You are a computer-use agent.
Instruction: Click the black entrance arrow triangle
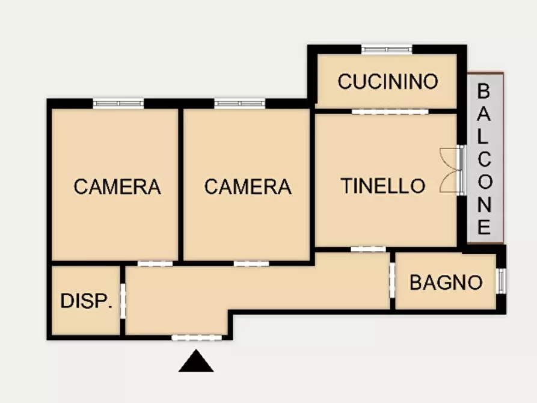pyautogui.click(x=196, y=361)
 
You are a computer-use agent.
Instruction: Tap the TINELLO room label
pyautogui.click(x=383, y=186)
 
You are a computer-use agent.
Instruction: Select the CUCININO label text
pyautogui.click(x=388, y=81)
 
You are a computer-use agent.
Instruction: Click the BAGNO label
pyautogui.click(x=446, y=282)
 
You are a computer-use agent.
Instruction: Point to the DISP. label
pyautogui.click(x=87, y=301)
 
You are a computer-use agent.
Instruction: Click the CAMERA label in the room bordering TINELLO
pyautogui.click(x=248, y=186)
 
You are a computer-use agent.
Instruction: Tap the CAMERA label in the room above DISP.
pyautogui.click(x=117, y=186)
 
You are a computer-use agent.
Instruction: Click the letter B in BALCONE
pyautogui.click(x=484, y=91)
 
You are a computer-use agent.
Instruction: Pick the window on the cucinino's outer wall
pyautogui.click(x=387, y=49)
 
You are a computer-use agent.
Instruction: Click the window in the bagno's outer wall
pyautogui.click(x=501, y=281)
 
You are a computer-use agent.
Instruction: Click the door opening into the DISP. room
pyautogui.click(x=123, y=300)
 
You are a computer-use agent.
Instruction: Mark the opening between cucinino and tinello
pyautogui.click(x=390, y=111)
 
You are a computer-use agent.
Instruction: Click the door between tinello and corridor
pyautogui.click(x=368, y=248)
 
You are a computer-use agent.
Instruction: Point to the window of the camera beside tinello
pyautogui.click(x=240, y=103)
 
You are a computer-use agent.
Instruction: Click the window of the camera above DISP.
pyautogui.click(x=118, y=103)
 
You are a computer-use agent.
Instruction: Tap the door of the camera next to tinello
pyautogui.click(x=251, y=263)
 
